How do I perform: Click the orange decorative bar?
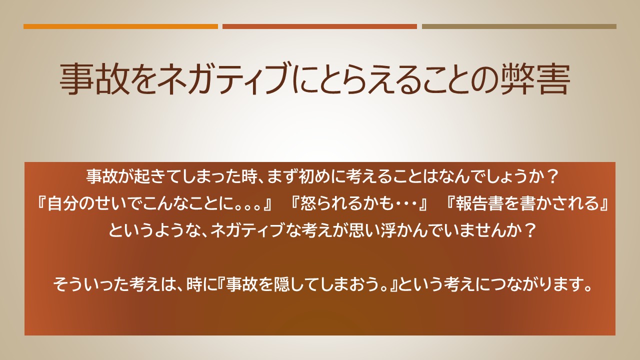coord(120,26)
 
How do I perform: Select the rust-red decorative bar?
coord(319,26)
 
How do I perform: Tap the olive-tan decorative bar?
coord(519,26)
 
